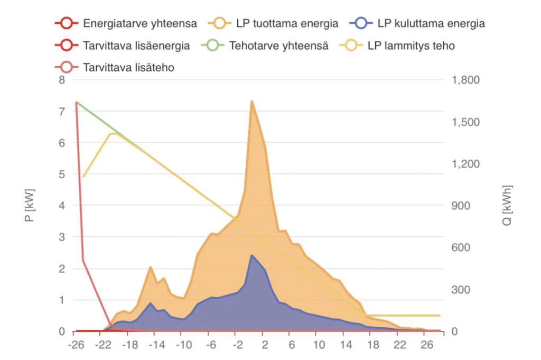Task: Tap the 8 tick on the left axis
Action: [x=62, y=80]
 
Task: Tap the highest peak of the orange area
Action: [x=251, y=101]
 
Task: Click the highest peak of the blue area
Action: [x=251, y=255]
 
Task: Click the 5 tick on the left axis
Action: [x=62, y=174]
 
